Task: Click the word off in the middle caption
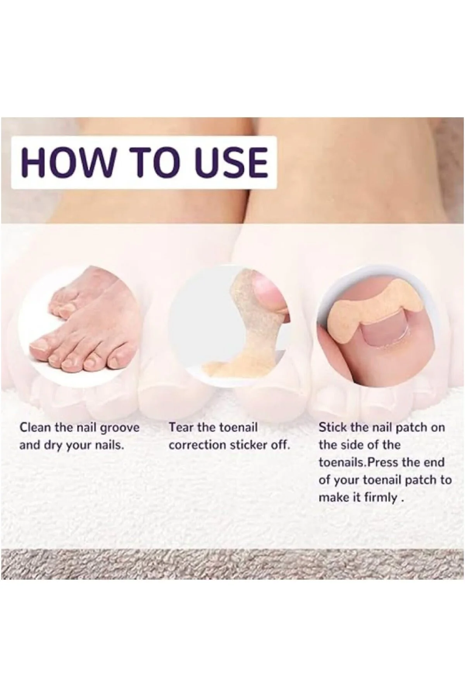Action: [x=280, y=445]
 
